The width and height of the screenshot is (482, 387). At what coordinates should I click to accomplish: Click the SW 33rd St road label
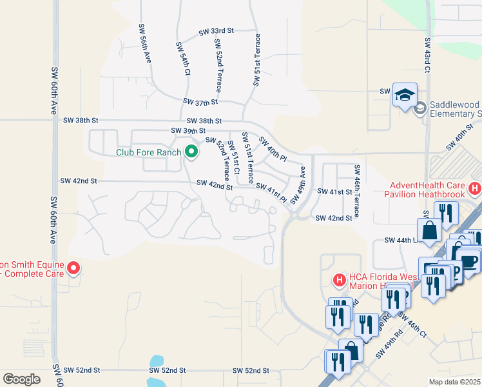point(216,31)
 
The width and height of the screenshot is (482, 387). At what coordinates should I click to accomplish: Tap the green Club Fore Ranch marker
point(191,152)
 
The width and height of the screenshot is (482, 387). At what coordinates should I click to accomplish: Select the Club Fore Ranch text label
point(148,153)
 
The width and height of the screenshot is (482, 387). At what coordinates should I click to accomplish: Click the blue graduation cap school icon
point(404,95)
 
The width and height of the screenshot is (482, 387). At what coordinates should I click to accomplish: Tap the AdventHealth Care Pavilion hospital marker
point(474,189)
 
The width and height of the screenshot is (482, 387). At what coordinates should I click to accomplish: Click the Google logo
point(21,379)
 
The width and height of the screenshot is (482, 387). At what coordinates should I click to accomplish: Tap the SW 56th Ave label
point(144,43)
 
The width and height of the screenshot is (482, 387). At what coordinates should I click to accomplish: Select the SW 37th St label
point(201,102)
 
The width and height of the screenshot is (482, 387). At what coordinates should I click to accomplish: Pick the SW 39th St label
point(188,130)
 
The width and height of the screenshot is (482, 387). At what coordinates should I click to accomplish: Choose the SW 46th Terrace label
point(356,190)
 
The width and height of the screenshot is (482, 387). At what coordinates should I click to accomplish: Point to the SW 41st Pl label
point(271,192)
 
